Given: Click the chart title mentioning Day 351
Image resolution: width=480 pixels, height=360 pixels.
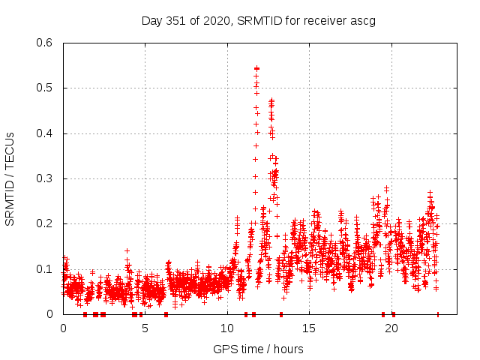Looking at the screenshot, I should point(258,20).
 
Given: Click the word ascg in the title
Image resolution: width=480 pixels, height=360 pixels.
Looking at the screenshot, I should point(361,20).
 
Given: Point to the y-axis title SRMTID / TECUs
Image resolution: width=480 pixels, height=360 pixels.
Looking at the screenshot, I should point(10,178).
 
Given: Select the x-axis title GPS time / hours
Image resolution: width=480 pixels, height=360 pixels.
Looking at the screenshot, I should point(258,349).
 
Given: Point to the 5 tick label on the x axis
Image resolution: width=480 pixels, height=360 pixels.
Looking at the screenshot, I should point(145,328).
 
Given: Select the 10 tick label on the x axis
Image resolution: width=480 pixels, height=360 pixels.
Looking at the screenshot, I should point(227,328).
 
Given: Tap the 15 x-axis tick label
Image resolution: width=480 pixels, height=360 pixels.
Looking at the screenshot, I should point(309,328).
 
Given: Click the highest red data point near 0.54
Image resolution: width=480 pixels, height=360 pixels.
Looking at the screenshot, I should point(256,68).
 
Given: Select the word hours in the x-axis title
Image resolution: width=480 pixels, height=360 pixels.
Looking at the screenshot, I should point(288,349).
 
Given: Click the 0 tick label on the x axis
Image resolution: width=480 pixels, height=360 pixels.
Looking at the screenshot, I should point(63,328).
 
